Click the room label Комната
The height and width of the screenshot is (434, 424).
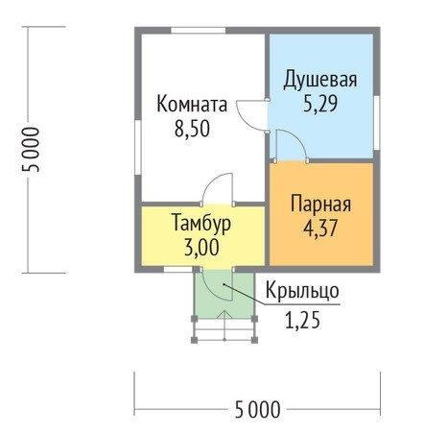[192, 104]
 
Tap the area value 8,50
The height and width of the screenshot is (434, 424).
[192, 129]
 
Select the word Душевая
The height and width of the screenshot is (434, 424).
[320, 80]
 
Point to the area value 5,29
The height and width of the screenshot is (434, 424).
[320, 104]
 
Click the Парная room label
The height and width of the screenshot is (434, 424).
[320, 204]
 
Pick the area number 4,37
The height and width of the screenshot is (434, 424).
[320, 229]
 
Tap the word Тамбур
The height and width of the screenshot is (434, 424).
[201, 224]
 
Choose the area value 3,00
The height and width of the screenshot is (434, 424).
[201, 248]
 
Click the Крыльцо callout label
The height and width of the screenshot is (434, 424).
[302, 291]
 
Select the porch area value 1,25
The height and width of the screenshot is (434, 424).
[302, 321]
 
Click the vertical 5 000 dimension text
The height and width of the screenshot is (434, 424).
[31, 150]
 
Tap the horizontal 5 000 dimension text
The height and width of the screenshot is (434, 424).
[257, 410]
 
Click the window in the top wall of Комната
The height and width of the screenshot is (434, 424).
[199, 31]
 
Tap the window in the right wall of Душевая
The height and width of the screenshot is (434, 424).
[377, 123]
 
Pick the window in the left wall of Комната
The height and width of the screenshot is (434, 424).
[138, 147]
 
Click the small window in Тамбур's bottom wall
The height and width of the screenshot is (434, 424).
[178, 270]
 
